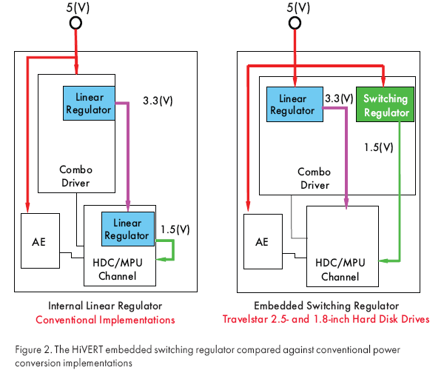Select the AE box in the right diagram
click(262, 242)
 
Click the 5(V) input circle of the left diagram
click(75, 23)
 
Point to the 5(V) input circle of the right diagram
click(295, 23)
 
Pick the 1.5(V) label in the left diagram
click(175, 229)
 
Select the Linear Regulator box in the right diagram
click(292, 104)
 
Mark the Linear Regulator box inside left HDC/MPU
click(127, 229)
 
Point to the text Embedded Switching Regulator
click(326, 306)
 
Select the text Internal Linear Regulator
click(106, 306)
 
